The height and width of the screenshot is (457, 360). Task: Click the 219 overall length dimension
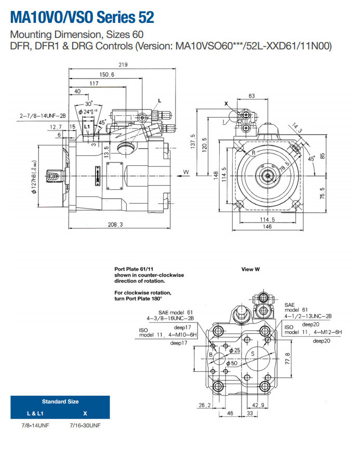[123, 65]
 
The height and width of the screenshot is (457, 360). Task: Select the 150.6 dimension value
[107, 74]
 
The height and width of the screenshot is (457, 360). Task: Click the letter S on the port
[252, 354]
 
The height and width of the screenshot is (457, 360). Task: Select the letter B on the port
[210, 354]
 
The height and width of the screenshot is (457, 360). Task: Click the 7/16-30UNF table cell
[85, 425]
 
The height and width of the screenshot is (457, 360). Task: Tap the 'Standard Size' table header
[60, 401]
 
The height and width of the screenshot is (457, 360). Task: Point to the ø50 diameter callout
[232, 363]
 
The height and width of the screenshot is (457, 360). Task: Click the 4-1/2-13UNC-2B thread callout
[308, 316]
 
